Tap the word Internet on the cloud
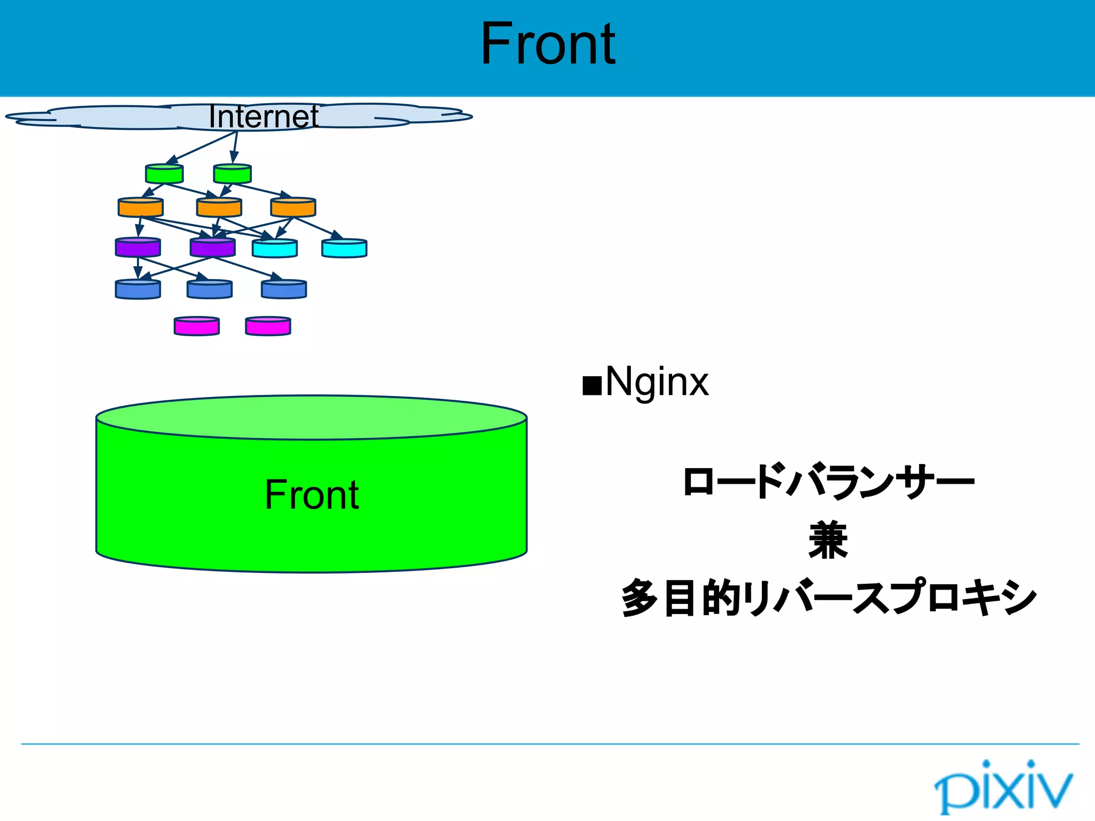(263, 117)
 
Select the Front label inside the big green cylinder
(312, 495)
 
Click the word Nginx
(657, 382)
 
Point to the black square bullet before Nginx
(591, 385)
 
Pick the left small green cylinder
(164, 174)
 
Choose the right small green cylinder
(232, 174)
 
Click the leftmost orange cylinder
(141, 207)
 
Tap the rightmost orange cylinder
(293, 207)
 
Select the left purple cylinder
(138, 248)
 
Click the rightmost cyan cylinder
(344, 249)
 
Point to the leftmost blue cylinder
(138, 289)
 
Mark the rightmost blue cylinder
(284, 289)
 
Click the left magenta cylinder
(197, 327)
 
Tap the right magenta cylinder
(268, 327)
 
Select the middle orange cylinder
(219, 207)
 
